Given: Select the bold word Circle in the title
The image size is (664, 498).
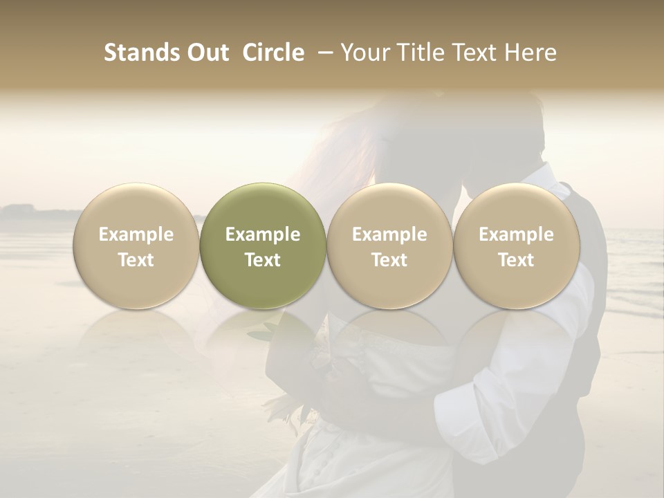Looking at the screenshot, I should pyautogui.click(x=273, y=53).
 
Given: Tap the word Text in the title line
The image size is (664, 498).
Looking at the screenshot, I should pyautogui.click(x=474, y=53).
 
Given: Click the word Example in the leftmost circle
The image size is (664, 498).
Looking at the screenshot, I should pyautogui.click(x=136, y=234).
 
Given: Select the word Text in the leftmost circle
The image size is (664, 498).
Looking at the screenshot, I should pyautogui.click(x=136, y=260).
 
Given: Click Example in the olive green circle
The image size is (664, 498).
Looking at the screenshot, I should pyautogui.click(x=263, y=234).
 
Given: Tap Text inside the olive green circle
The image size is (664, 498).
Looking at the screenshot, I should pyautogui.click(x=263, y=260).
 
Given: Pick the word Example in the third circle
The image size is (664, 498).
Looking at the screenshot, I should pyautogui.click(x=389, y=234).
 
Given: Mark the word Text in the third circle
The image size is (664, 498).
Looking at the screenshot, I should pyautogui.click(x=389, y=260).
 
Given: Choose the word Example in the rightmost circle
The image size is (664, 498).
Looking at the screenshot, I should pyautogui.click(x=516, y=234).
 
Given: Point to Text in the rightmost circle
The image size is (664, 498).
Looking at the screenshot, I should pyautogui.click(x=516, y=260).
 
